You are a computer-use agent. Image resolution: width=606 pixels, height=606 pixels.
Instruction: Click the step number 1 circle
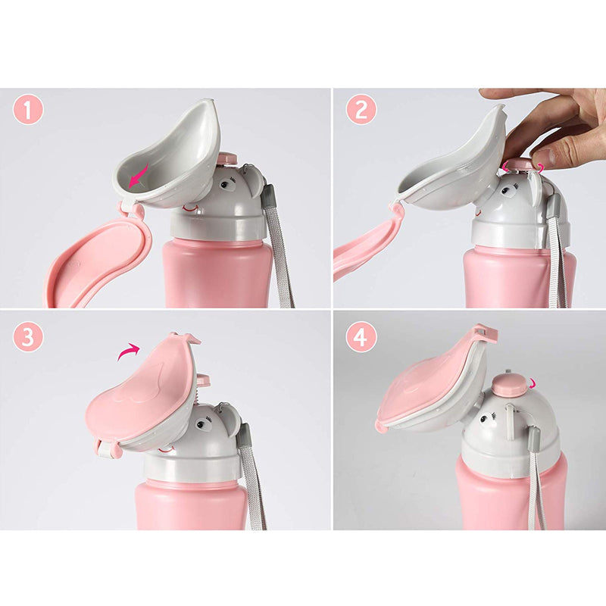pos(28,111)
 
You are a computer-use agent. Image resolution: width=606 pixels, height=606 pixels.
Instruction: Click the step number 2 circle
pos(361,111)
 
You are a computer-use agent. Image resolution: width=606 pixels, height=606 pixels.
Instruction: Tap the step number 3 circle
pos(28,336)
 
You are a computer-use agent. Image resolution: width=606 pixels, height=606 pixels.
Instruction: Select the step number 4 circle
pos(361,336)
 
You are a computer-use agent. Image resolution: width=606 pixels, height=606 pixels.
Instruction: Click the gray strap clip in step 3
pos(245,436)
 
